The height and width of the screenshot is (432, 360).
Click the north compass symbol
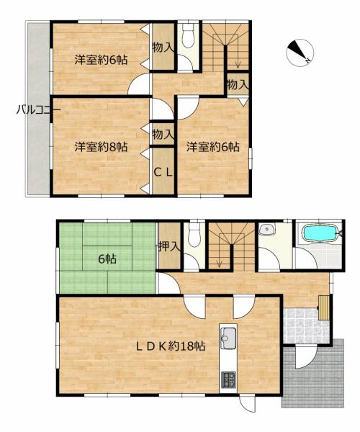300,53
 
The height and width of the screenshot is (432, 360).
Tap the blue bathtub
320,233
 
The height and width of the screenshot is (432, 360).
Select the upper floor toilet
189,35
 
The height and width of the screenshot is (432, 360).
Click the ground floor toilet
194,235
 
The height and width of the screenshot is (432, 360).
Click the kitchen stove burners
228,380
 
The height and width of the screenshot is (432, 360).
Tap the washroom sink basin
266,230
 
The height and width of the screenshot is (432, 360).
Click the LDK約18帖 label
171,346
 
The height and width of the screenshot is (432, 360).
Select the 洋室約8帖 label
101,147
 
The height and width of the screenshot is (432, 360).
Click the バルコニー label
38,110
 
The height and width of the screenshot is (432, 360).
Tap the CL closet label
163,173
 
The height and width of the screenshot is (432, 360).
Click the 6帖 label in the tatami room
107,259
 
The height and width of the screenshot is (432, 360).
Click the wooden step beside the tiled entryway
324,307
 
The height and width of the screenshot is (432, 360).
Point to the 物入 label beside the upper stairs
238,84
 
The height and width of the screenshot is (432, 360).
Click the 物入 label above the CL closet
163,135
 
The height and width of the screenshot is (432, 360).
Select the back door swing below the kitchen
248,405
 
